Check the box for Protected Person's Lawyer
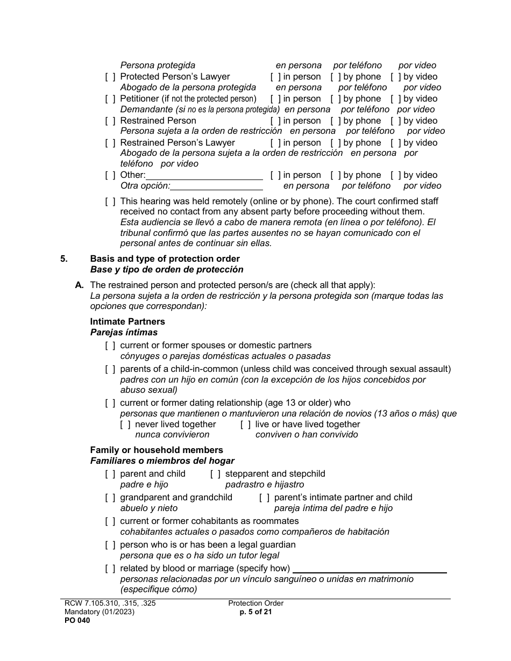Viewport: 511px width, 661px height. click(x=110, y=77)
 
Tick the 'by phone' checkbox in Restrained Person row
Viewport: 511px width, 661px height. click(x=336, y=121)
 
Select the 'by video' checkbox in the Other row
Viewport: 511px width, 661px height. click(x=396, y=175)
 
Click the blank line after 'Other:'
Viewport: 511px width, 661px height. click(x=204, y=176)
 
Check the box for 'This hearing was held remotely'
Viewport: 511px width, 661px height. click(x=110, y=202)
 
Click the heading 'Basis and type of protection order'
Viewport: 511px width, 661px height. click(x=165, y=259)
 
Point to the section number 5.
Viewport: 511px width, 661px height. click(x=64, y=259)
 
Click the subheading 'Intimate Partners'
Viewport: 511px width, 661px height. click(x=127, y=322)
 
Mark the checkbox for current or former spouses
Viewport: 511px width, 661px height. click(x=110, y=346)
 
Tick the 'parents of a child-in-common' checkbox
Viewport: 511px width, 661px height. click(x=110, y=369)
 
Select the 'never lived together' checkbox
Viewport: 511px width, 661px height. click(x=125, y=425)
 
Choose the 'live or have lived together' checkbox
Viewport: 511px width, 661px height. click(x=246, y=425)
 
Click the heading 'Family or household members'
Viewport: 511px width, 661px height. click(x=157, y=450)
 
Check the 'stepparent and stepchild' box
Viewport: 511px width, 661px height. click(x=215, y=474)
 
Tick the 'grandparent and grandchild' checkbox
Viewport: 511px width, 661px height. click(x=110, y=498)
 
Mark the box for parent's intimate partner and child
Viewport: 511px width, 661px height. click(x=265, y=498)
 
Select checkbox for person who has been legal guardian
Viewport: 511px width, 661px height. click(x=110, y=545)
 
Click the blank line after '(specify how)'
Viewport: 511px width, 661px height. click(x=370, y=569)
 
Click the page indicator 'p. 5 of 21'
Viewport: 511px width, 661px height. click(x=256, y=612)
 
